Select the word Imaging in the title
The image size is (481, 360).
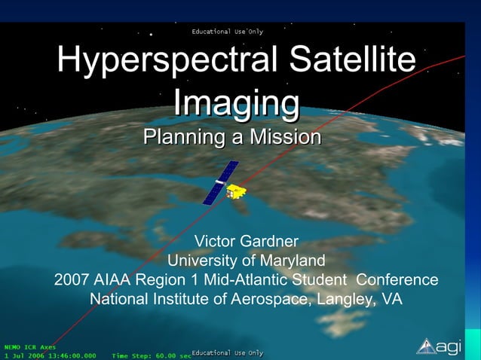236,102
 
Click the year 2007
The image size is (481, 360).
72,280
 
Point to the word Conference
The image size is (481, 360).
397,280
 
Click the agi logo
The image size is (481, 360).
439,346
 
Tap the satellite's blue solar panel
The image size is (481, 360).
221,183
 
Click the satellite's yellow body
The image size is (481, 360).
238,192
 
